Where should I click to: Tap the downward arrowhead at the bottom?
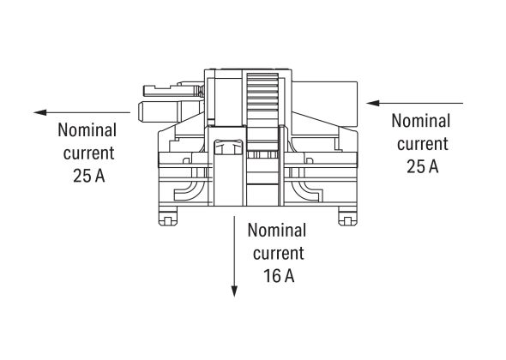coord(234,291)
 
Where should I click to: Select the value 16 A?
coord(277,276)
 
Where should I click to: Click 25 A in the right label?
coord(422,166)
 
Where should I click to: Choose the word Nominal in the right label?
coord(420,121)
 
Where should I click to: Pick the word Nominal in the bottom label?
coord(276,231)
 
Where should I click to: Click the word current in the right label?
coord(421,144)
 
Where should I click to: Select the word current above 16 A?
coord(276,254)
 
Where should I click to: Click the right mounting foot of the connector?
coord(348,216)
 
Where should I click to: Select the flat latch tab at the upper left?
coord(168,87)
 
